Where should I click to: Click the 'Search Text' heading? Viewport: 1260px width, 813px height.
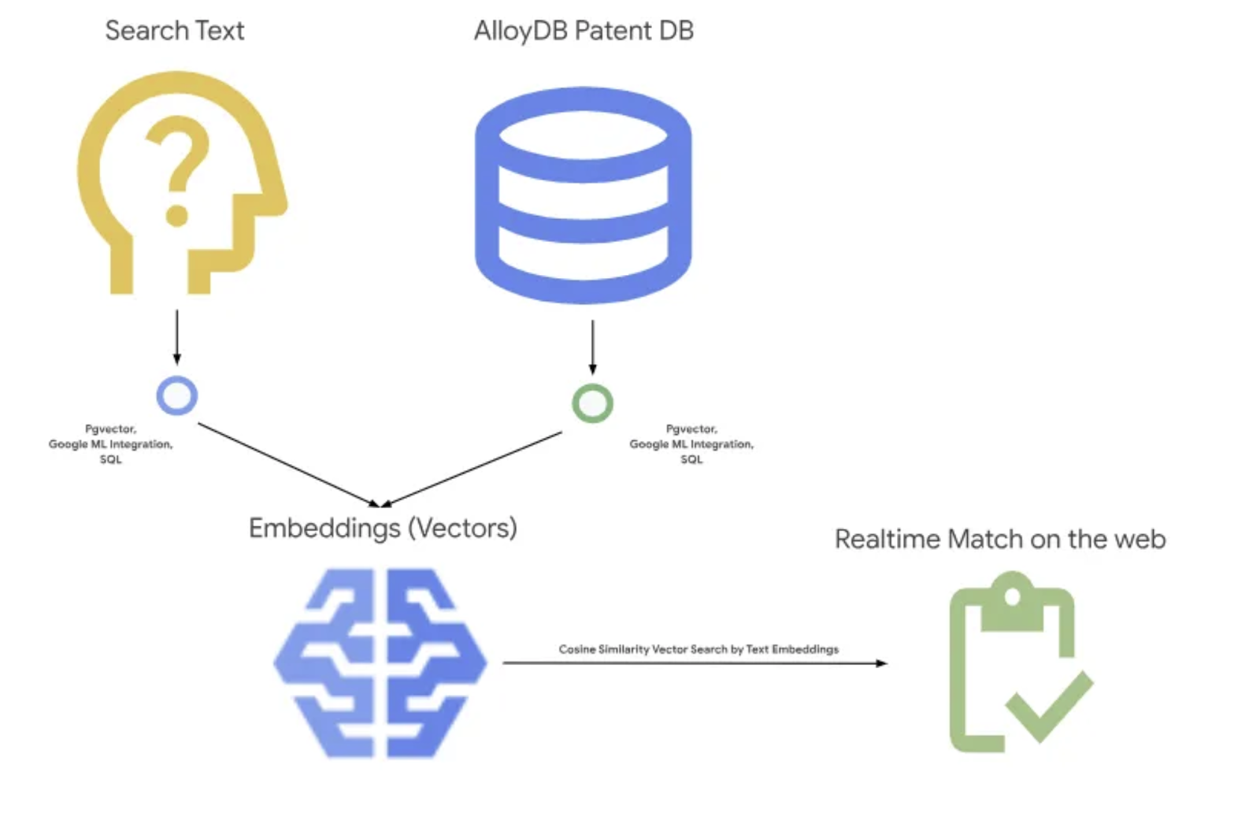(x=174, y=31)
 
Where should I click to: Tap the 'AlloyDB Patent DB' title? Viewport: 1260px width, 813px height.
(x=583, y=31)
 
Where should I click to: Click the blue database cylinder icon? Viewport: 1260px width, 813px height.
(x=583, y=195)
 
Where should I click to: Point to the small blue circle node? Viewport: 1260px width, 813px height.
(x=176, y=395)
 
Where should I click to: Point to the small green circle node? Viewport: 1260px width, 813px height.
(x=592, y=403)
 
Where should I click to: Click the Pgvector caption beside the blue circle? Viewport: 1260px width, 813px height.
(x=110, y=444)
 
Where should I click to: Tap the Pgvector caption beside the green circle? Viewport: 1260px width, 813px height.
(x=691, y=444)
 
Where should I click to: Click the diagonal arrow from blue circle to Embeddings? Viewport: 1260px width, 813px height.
(x=287, y=464)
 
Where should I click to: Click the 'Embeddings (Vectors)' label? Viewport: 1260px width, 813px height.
(x=383, y=528)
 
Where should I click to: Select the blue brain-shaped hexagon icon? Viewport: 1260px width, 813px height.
(x=380, y=663)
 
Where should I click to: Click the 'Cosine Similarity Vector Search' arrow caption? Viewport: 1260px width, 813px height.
(x=698, y=649)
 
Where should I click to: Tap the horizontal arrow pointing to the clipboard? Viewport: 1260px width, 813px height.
(x=693, y=663)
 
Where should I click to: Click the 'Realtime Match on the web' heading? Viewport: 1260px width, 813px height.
(x=999, y=540)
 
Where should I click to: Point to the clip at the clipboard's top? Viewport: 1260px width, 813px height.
(x=1012, y=599)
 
